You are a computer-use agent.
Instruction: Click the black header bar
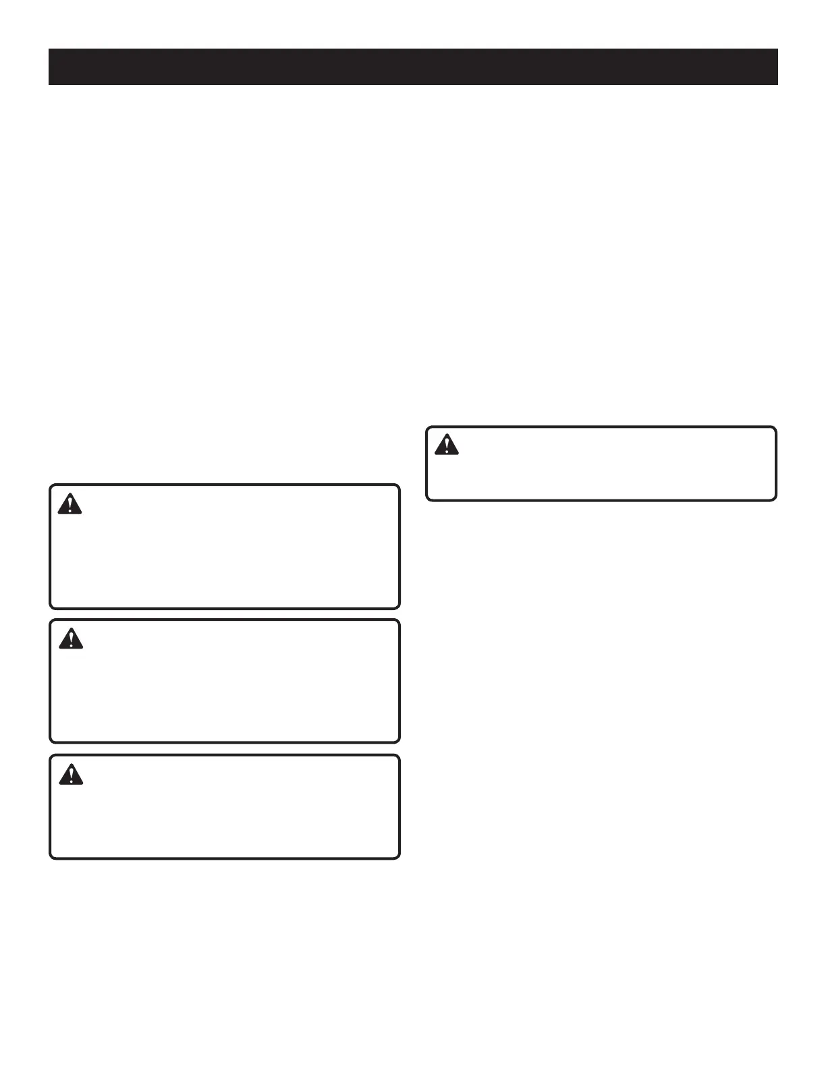coord(413,66)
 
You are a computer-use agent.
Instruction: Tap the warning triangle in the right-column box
coord(446,445)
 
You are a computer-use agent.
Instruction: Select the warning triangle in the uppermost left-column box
coord(70,504)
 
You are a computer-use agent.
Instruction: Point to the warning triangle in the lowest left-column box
coord(71,775)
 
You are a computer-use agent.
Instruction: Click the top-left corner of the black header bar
coord(49,49)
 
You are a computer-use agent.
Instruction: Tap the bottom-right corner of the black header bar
coord(777,84)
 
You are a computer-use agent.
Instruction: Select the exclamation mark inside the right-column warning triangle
coord(446,445)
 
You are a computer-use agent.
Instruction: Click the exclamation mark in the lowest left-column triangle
coord(71,775)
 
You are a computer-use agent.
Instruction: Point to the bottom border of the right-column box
coord(601,500)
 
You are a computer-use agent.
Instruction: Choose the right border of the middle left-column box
coord(400,681)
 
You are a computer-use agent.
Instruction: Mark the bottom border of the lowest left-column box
coord(225,858)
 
